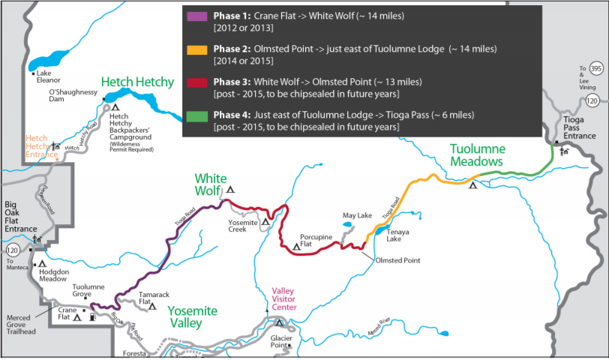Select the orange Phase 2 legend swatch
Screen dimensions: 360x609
(200, 50)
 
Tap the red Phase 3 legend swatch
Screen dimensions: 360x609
(200, 82)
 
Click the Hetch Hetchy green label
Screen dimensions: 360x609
(137, 82)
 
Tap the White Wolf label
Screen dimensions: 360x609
(211, 184)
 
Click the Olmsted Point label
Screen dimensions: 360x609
(396, 260)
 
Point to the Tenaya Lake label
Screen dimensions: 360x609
(399, 236)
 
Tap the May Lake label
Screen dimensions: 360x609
(357, 216)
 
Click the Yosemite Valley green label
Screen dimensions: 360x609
(193, 316)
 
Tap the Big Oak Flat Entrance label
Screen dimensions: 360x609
(20, 217)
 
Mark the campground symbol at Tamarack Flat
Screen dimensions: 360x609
(152, 306)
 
